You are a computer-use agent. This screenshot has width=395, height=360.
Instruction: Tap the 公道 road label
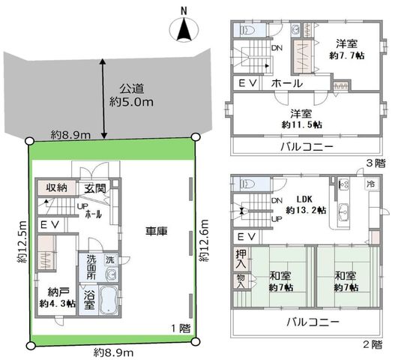pyautogui.click(x=131, y=88)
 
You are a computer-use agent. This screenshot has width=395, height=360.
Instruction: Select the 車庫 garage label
pyautogui.click(x=157, y=231)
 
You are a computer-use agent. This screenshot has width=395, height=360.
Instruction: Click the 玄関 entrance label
pyautogui.click(x=95, y=188)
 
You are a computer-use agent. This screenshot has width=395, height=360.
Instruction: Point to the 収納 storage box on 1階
pyautogui.click(x=57, y=187)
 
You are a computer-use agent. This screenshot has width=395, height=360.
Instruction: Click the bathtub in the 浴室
pyautogui.click(x=109, y=300)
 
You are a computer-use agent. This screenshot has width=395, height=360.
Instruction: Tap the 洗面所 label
pyautogui.click(x=91, y=267)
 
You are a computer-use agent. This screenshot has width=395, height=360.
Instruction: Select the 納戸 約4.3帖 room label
pyautogui.click(x=58, y=298)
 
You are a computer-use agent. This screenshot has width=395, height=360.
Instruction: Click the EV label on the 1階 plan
pyautogui.click(x=50, y=224)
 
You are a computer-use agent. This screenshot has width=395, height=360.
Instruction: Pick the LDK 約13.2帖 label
pyautogui.click(x=306, y=205)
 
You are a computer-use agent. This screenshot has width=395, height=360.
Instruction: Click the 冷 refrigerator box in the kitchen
pyautogui.click(x=371, y=184)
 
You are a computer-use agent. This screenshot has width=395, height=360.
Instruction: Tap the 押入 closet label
pyautogui.click(x=241, y=259)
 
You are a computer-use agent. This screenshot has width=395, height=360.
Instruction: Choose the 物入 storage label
pyautogui.click(x=241, y=281)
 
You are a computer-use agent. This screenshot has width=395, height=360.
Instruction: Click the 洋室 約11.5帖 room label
pyautogui.click(x=301, y=119)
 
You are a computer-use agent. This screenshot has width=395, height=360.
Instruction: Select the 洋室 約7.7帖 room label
pyautogui.click(x=346, y=49)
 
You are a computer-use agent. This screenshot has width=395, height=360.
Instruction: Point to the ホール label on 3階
pyautogui.click(x=286, y=83)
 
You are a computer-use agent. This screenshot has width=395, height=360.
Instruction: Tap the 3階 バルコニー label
pyautogui.click(x=307, y=147)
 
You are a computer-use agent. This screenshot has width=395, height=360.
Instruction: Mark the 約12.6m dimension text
pyautogui.click(x=205, y=241)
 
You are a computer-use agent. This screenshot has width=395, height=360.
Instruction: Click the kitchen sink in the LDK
pyautogui.click(x=343, y=211)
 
